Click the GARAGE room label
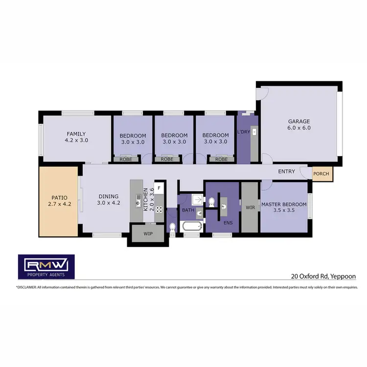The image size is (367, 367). (299, 121)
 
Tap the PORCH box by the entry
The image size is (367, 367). (321, 173)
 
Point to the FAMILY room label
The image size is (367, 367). (76, 134)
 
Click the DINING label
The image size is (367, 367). (108, 196)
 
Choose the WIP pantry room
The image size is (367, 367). (147, 234)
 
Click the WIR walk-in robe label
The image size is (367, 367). (250, 207)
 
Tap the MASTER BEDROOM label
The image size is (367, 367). (284, 204)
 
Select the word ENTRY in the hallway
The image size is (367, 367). (286, 172)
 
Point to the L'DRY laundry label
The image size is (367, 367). (244, 133)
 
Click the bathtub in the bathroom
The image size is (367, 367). (191, 227)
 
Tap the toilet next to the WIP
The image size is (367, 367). (172, 228)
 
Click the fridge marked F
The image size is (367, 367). (159, 188)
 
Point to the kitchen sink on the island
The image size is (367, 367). (138, 200)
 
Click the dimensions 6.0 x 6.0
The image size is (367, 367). (299, 128)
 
